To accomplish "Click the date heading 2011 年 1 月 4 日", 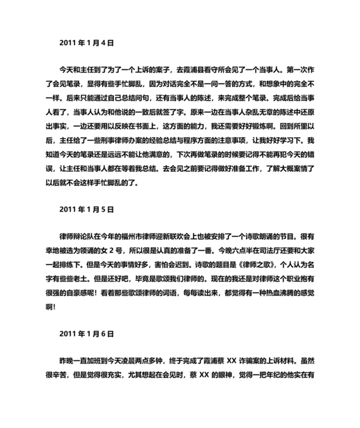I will click(x=86, y=43).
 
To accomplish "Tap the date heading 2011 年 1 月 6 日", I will click(x=86, y=335).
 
